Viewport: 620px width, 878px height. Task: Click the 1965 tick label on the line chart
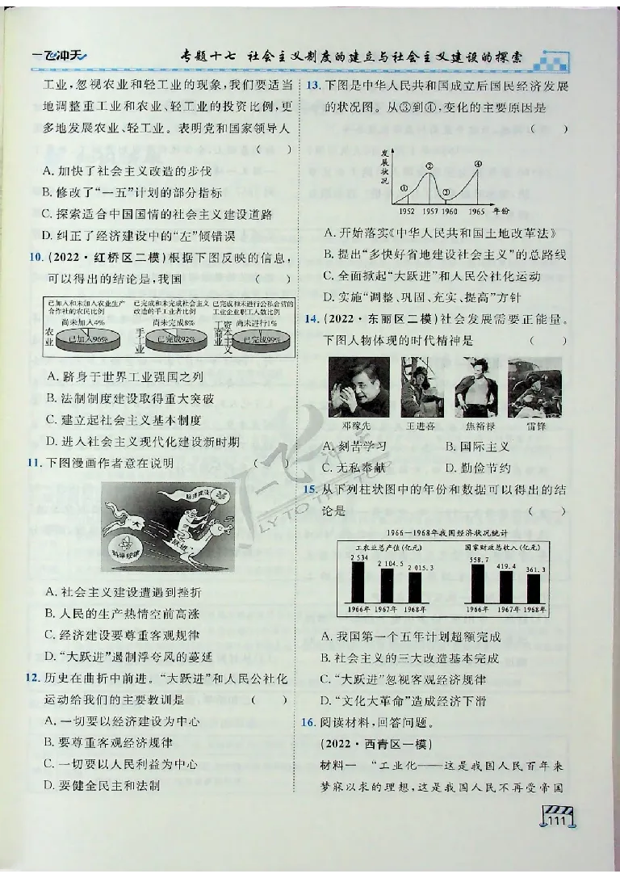click(476, 211)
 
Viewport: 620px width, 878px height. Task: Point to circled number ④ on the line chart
click(477, 165)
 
